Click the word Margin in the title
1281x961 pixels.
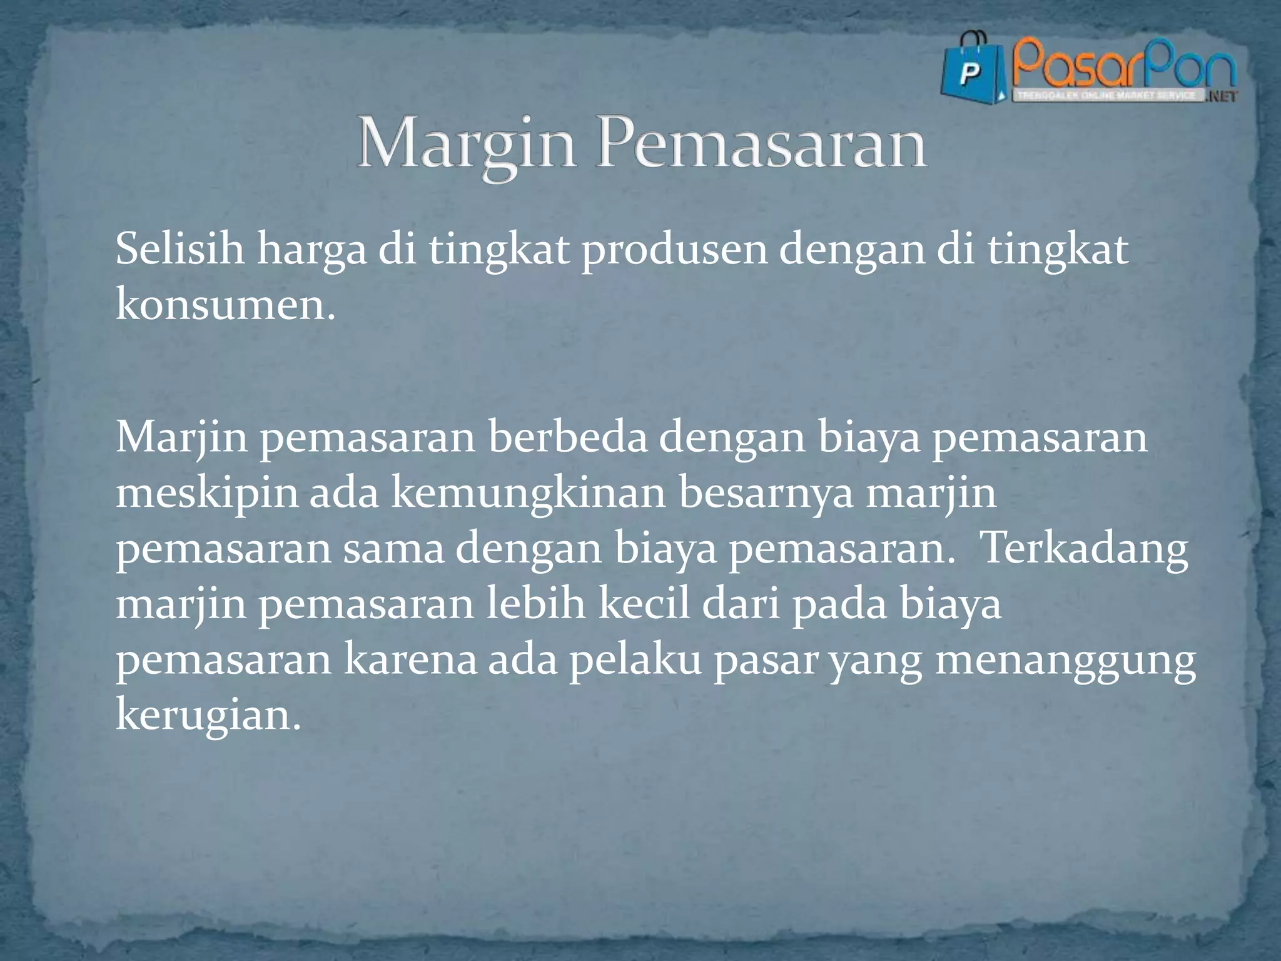tap(466, 145)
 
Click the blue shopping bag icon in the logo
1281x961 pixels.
tap(971, 70)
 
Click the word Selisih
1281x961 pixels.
tap(179, 249)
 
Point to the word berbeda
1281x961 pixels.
tap(567, 437)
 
